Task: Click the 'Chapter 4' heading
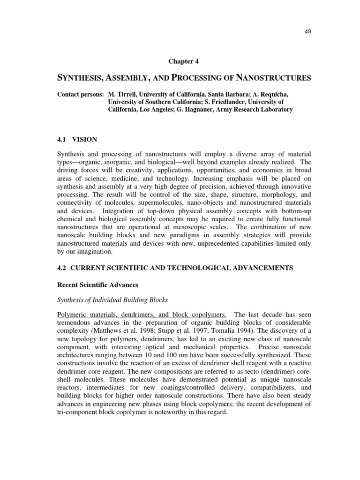click(183, 60)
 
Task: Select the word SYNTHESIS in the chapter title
click(83, 78)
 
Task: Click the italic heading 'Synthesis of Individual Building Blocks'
click(112, 300)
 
